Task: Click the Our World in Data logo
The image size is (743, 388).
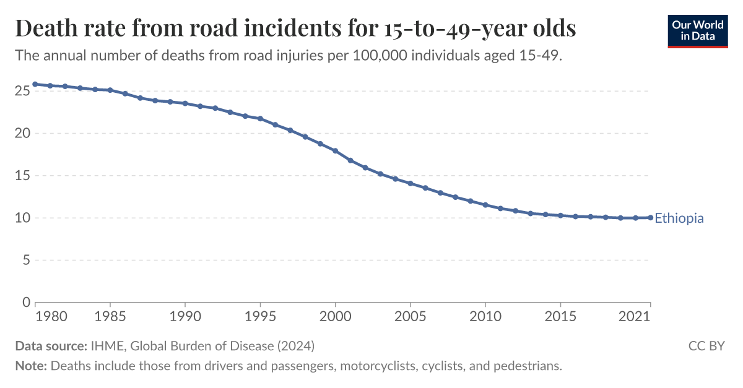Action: click(x=697, y=30)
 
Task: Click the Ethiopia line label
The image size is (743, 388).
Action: click(x=679, y=218)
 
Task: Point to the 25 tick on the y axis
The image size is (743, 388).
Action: click(x=22, y=91)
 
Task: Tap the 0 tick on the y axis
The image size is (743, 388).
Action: click(x=26, y=303)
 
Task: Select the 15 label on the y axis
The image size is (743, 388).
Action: click(x=22, y=176)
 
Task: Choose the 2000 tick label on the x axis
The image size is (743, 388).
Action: click(x=335, y=317)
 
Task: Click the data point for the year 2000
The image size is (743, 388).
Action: click(x=335, y=151)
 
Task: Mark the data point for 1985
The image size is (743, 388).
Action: click(x=110, y=90)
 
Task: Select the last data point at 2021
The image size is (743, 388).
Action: click(x=650, y=217)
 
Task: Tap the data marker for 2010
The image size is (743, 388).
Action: click(x=485, y=205)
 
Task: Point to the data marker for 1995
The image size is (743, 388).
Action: click(x=260, y=119)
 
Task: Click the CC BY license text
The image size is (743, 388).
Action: click(x=706, y=345)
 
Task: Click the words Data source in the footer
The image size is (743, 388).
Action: click(x=51, y=345)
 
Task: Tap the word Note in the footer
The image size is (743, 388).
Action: click(x=30, y=365)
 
